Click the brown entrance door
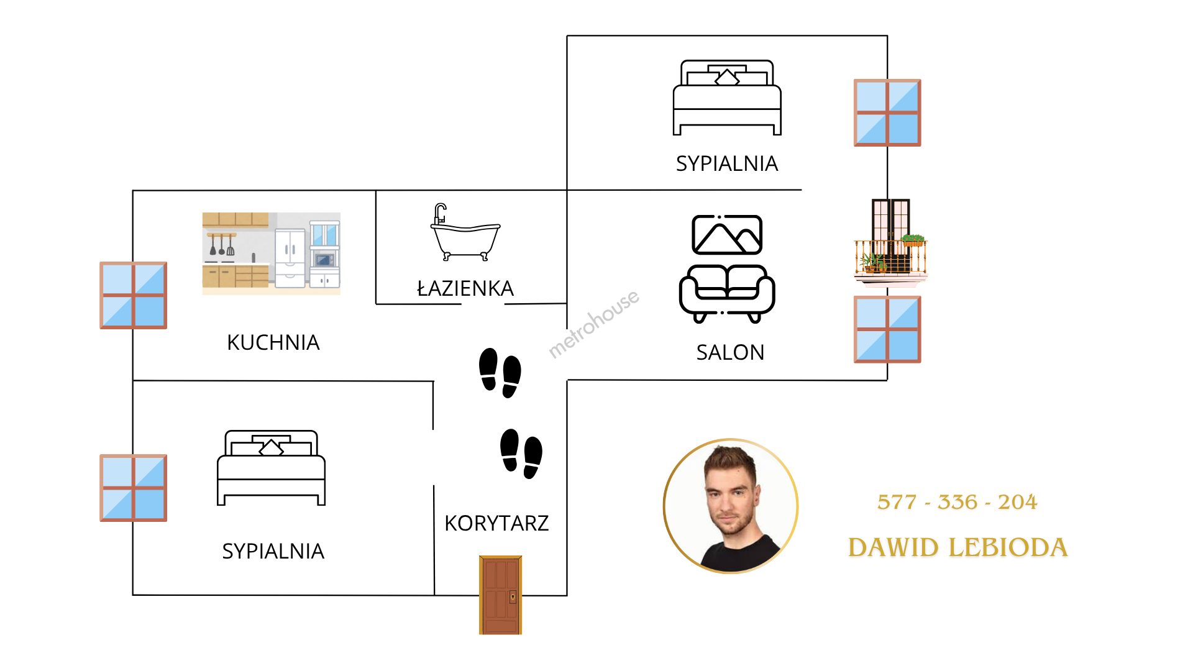[500, 595]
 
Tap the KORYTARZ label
[496, 523]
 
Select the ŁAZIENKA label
[465, 288]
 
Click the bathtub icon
[465, 233]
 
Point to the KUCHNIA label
[273, 342]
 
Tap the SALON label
[730, 352]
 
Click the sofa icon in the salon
[727, 293]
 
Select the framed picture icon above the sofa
[727, 235]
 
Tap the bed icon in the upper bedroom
[727, 98]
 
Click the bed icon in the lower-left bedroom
[271, 468]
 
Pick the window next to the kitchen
[134, 295]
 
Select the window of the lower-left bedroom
[134, 488]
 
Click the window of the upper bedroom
[887, 112]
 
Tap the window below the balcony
[887, 329]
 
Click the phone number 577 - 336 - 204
[957, 502]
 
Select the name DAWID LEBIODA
[958, 547]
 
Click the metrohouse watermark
[593, 324]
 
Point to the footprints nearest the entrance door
[521, 454]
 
